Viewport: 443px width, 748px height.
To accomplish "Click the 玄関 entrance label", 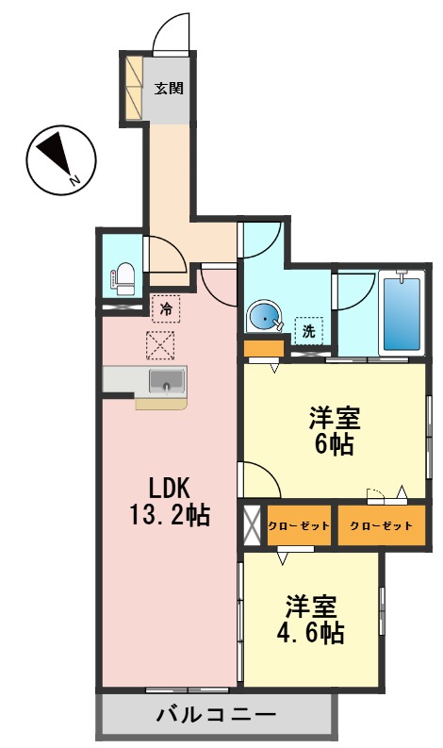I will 169,89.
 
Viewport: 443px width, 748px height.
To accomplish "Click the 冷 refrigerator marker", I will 166,308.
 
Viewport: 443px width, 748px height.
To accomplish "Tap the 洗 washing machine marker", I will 307,331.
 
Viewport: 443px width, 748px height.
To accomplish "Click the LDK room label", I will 170,489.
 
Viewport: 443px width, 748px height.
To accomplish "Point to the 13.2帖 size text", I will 170,516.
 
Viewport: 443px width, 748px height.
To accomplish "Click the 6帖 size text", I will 335,444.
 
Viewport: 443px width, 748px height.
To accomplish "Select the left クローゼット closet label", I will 298,525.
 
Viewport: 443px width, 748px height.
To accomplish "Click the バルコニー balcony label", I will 216,715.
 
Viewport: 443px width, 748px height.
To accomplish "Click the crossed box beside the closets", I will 252,525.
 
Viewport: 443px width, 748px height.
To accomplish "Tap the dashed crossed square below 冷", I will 160,344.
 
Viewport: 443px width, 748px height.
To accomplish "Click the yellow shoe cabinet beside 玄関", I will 134,87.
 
